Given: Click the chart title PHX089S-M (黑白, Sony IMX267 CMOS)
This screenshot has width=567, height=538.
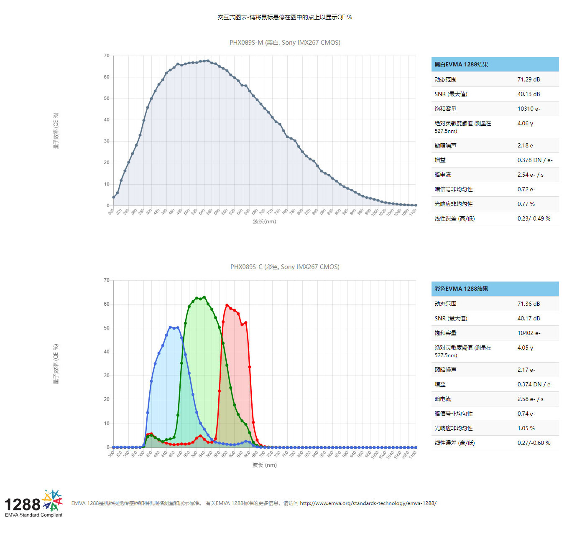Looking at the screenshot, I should tap(285, 43).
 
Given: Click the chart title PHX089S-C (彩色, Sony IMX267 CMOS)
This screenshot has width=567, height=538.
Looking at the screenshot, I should tap(285, 267).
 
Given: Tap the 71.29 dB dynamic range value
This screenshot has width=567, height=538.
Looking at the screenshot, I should tap(529, 79).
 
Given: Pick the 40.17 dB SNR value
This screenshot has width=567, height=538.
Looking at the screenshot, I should tap(529, 318).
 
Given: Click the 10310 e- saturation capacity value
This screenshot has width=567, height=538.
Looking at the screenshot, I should tap(529, 109).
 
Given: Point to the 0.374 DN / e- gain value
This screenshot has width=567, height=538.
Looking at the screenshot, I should tap(535, 384).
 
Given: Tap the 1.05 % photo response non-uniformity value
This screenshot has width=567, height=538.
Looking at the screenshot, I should tap(526, 428).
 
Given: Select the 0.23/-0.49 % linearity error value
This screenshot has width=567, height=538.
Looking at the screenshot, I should tap(534, 218).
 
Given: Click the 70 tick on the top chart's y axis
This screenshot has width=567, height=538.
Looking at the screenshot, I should tap(107, 56).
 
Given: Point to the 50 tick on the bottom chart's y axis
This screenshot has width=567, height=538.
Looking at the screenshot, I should tap(107, 328).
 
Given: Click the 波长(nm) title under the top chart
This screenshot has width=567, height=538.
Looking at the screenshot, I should tap(264, 221).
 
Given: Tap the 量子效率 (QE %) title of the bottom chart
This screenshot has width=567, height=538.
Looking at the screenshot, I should tap(56, 364).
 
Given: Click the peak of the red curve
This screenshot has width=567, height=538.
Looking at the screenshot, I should tap(227, 305).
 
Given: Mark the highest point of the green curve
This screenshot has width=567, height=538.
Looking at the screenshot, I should tap(204, 297).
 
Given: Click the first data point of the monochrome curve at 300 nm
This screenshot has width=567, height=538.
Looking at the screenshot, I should tap(113, 197).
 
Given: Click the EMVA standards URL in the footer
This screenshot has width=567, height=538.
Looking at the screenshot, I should tap(368, 503).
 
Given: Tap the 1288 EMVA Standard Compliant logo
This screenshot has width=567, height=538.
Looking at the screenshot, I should tap(33, 504).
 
